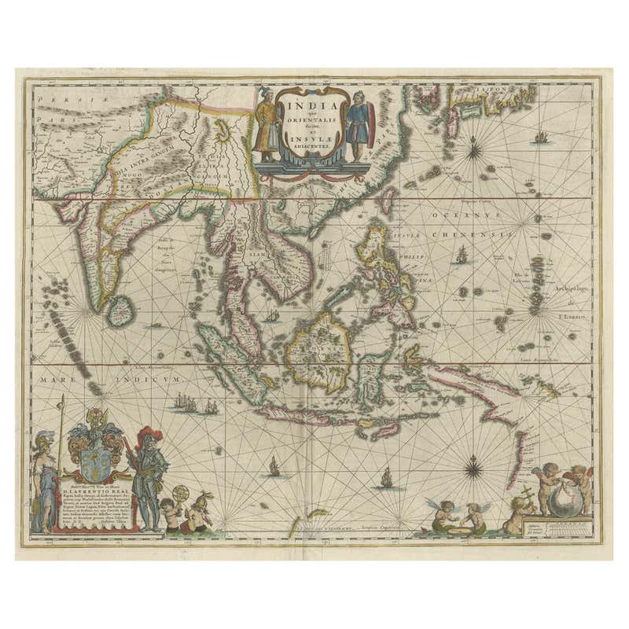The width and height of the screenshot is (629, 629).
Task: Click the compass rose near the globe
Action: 474,469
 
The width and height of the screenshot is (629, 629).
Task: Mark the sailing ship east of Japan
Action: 539,138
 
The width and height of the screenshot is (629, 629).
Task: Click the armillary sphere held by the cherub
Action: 178,496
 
